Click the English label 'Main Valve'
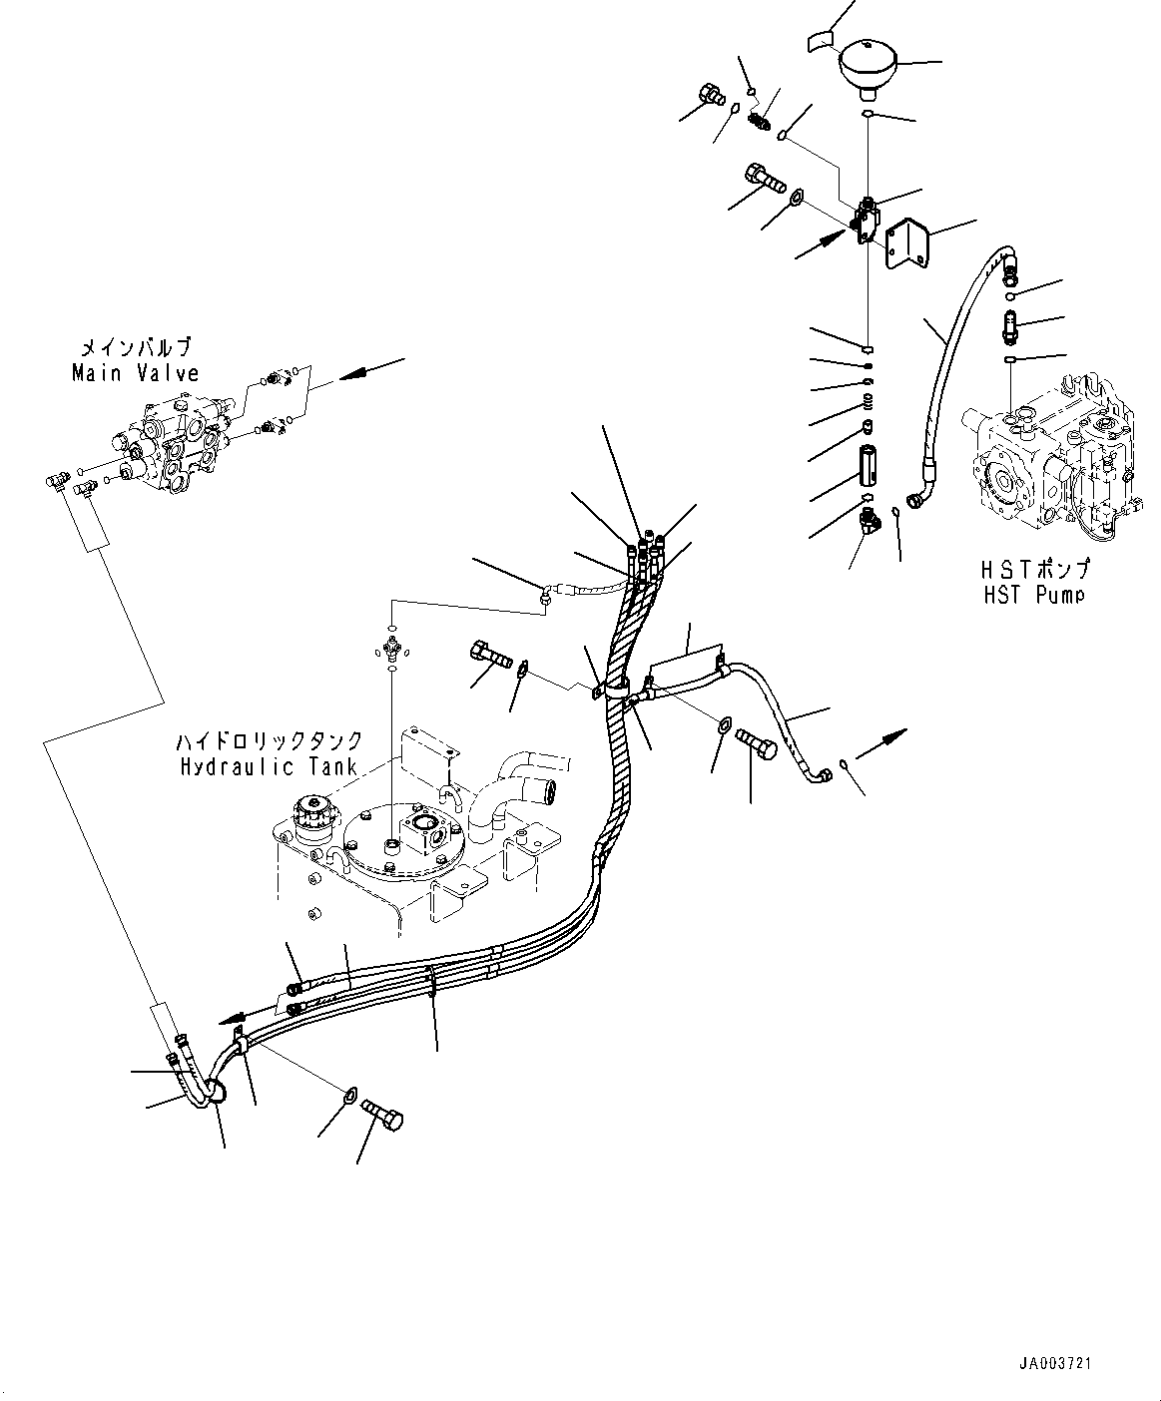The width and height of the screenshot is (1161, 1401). coord(135,374)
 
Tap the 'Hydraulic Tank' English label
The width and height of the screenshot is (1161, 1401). coord(265,766)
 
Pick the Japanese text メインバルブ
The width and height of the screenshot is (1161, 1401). coord(136,348)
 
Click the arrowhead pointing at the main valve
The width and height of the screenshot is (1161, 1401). coord(348,376)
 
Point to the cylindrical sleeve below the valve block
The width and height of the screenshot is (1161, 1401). coord(868,468)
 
